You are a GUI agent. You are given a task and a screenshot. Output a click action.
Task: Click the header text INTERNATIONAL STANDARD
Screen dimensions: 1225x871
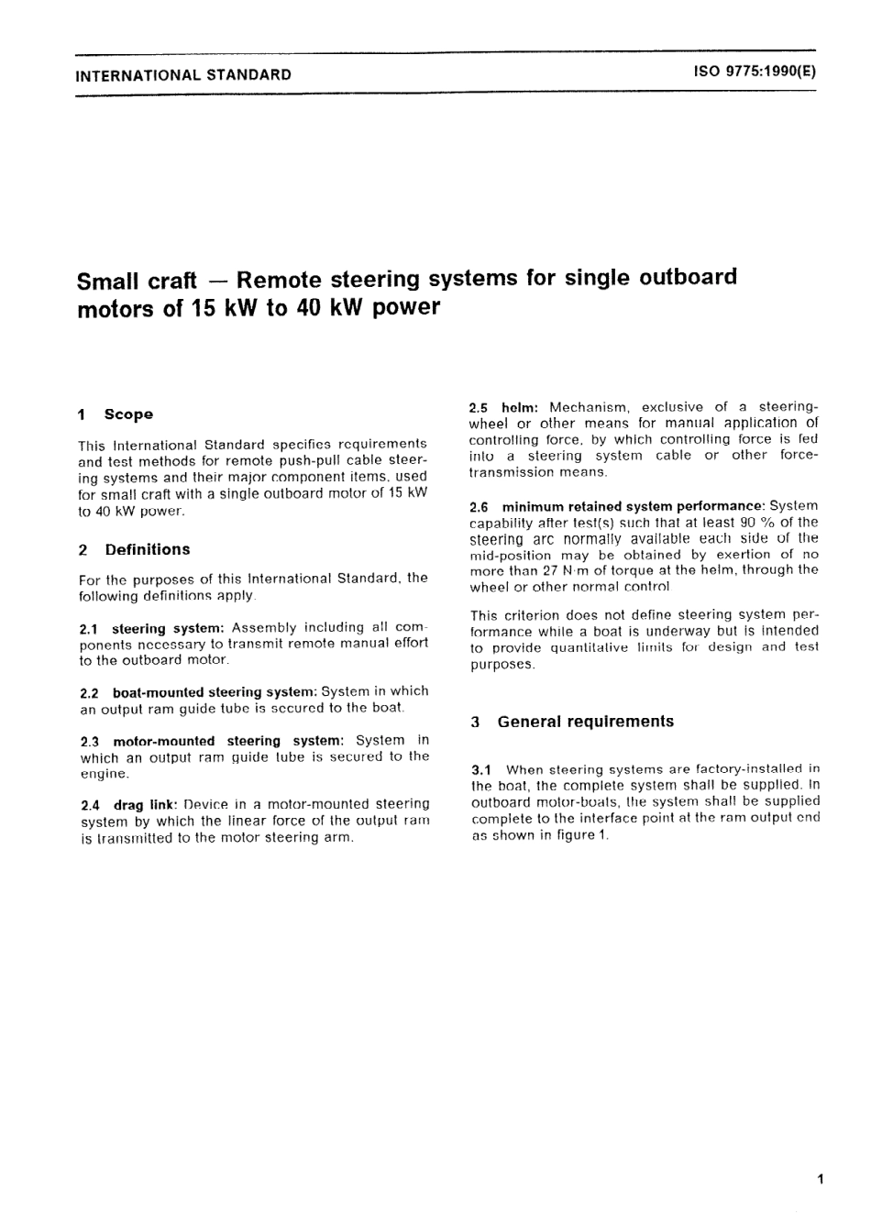[183, 75]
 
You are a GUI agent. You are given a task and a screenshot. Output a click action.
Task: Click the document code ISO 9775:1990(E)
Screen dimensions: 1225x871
[755, 74]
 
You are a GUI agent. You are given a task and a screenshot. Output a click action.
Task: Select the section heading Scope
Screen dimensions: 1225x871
[128, 414]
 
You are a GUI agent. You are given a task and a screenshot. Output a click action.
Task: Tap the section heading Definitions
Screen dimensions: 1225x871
[148, 549]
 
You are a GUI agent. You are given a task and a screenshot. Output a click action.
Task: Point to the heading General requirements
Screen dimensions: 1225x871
[585, 722]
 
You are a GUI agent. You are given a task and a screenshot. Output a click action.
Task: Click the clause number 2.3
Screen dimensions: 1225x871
[90, 741]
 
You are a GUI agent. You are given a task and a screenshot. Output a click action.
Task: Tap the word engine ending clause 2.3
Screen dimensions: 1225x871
[105, 774]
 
